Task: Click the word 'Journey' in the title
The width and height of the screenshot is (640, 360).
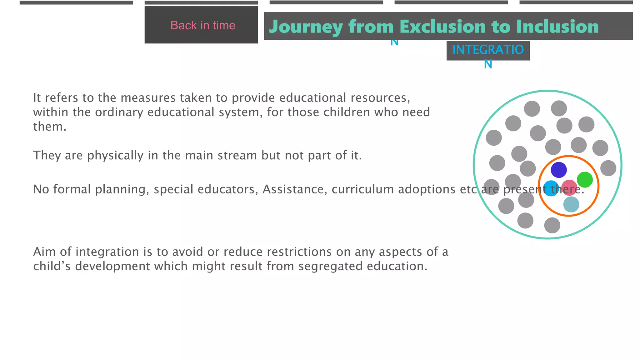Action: pyautogui.click(x=306, y=27)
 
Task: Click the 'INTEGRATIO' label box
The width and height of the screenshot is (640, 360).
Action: pyautogui.click(x=488, y=50)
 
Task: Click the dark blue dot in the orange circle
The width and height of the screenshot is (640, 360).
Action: pyautogui.click(x=559, y=170)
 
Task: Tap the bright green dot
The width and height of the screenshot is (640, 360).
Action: pyautogui.click(x=585, y=180)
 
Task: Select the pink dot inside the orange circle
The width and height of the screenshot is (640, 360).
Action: pyautogui.click(x=569, y=187)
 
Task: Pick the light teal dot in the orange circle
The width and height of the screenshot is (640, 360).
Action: pyautogui.click(x=571, y=204)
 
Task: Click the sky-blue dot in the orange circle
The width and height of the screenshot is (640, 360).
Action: pyautogui.click(x=551, y=188)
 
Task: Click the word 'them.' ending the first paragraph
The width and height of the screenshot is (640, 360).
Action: pyautogui.click(x=50, y=127)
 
